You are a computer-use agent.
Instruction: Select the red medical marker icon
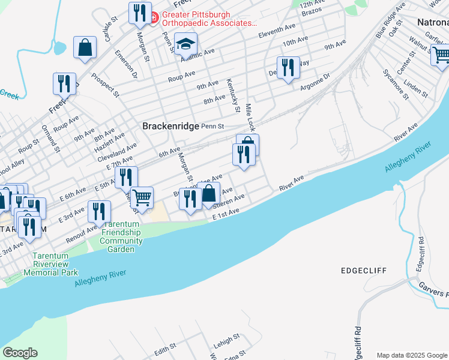point(154,16)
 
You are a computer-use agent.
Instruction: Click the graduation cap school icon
point(185,44)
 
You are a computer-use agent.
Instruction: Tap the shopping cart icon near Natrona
point(441,55)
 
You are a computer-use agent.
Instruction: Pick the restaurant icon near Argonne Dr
point(288,67)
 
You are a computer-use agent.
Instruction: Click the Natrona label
point(432,22)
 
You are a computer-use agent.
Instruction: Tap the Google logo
point(20,353)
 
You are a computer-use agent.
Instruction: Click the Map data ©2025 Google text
point(412,355)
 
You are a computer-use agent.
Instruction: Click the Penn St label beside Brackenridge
point(212,127)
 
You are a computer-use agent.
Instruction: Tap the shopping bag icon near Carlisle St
point(85,47)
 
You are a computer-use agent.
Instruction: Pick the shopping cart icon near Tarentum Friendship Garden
point(142,197)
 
